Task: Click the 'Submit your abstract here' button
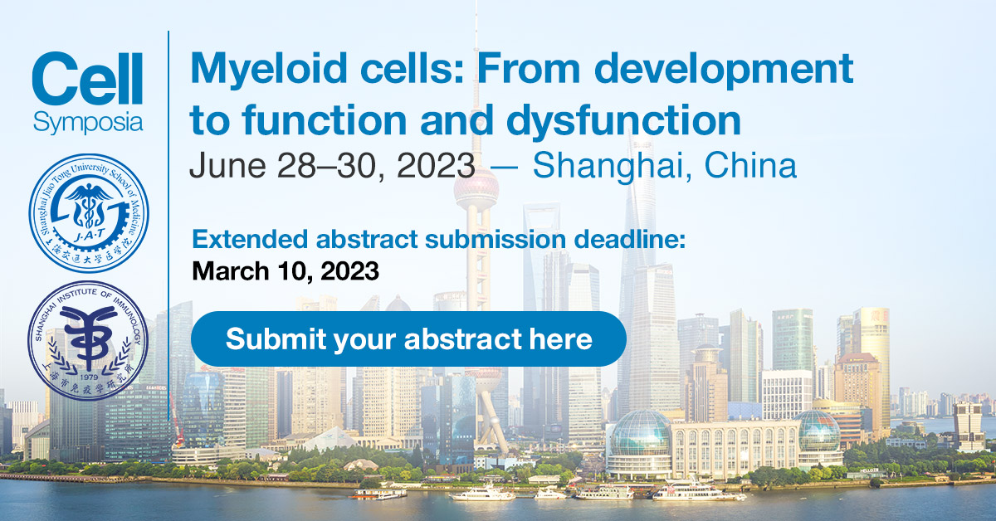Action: (x=408, y=339)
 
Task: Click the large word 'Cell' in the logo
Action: (x=87, y=80)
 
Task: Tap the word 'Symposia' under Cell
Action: (x=88, y=123)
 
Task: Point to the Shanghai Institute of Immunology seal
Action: (x=88, y=340)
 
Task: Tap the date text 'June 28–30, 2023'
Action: (x=332, y=166)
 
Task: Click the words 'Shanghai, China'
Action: (x=664, y=166)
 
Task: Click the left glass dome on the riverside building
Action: (x=639, y=431)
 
